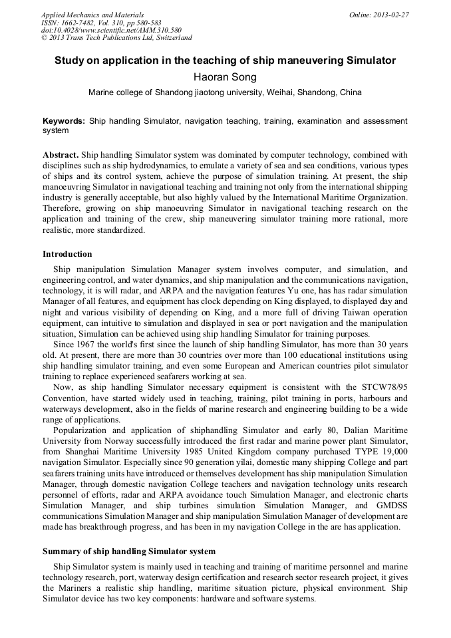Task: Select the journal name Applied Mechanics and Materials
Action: point(92,14)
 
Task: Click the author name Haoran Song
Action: point(225,77)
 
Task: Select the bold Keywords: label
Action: point(64,122)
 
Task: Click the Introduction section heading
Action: point(67,254)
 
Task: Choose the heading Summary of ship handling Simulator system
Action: point(129,552)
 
